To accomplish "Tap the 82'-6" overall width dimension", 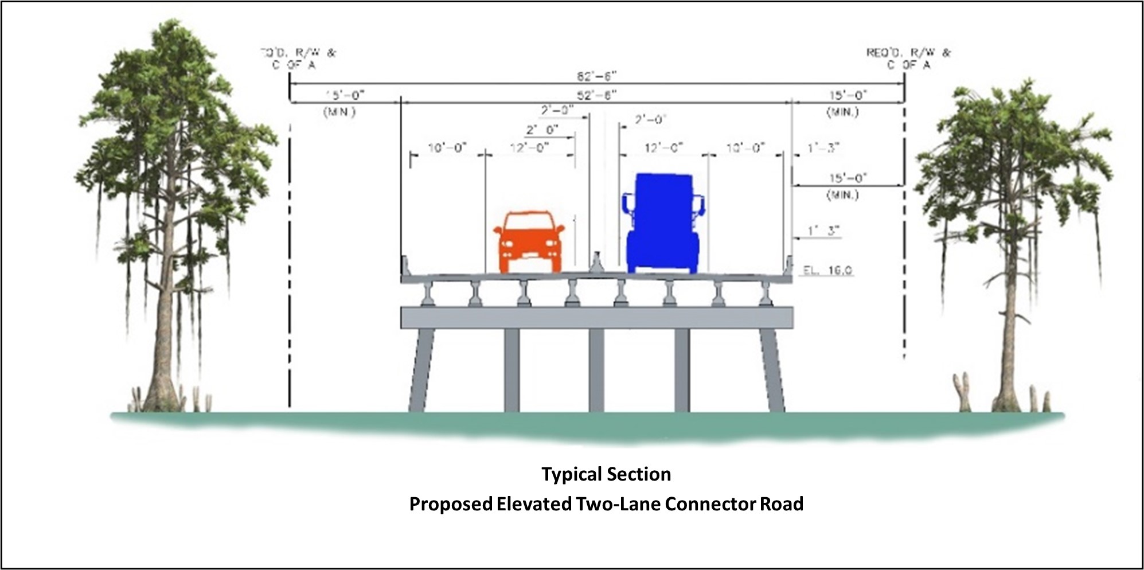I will click(596, 77).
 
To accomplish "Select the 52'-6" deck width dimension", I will click(596, 95).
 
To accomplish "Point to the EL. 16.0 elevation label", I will click(827, 270).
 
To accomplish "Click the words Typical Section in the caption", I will click(606, 474).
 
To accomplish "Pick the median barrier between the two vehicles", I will click(597, 264).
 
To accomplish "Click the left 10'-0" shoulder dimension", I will click(447, 149).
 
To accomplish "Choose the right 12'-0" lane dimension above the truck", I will click(663, 149).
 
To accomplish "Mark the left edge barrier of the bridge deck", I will click(405, 266).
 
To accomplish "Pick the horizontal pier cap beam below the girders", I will click(596, 317).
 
